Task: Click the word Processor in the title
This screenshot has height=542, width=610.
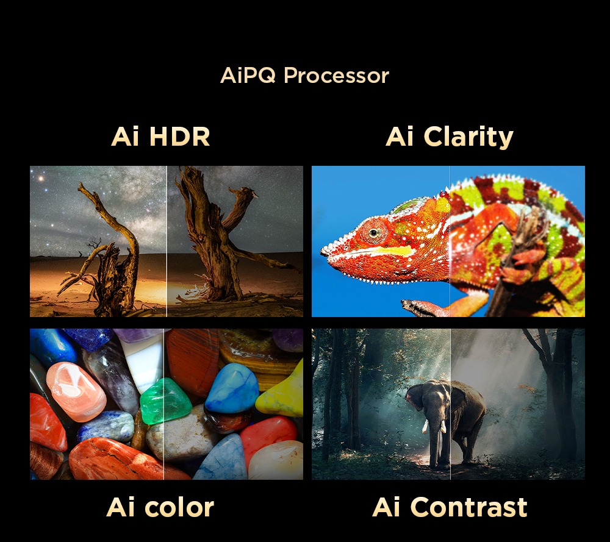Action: pos(336,76)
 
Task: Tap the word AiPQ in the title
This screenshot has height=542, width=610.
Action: pos(248,75)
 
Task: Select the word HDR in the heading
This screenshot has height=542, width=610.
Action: pos(179,137)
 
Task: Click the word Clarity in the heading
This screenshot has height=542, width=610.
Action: pos(468,137)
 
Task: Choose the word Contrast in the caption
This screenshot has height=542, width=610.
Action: pos(468,507)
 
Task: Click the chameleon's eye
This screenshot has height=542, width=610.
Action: pos(373,232)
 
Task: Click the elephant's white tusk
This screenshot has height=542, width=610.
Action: pos(425,427)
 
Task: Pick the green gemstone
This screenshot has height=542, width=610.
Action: pos(165,402)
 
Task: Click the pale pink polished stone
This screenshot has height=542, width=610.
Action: pos(76,391)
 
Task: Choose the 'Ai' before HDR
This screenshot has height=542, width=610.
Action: pos(125,137)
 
